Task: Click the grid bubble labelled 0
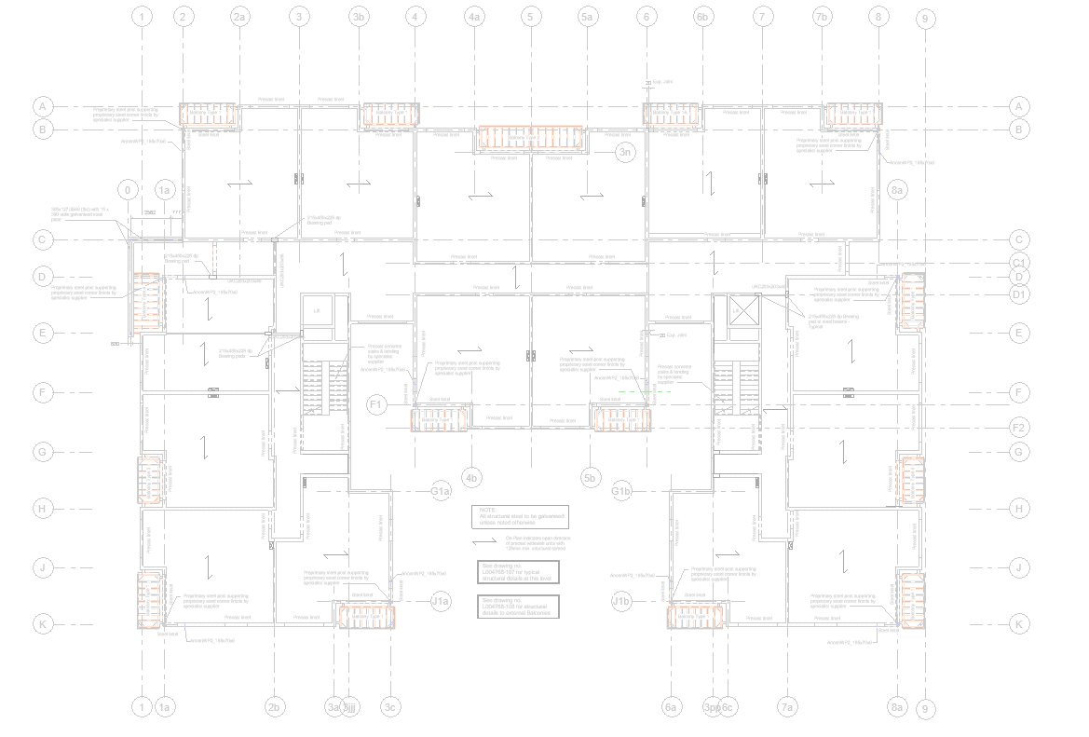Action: click(129, 190)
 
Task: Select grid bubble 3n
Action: click(626, 153)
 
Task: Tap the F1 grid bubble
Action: click(377, 404)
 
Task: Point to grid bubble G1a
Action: click(440, 491)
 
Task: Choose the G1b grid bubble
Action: click(621, 491)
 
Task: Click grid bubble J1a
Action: click(440, 601)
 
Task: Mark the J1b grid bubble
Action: click(621, 601)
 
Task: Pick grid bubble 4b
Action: click(472, 479)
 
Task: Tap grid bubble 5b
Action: click(589, 479)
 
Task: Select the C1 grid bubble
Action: click(1019, 263)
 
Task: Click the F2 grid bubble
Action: click(1019, 428)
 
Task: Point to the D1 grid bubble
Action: click(1019, 295)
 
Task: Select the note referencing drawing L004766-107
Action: click(520, 572)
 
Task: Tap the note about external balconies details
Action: click(520, 606)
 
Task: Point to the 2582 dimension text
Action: click(150, 213)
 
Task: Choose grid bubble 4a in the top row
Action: click(474, 17)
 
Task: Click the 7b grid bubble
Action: click(821, 17)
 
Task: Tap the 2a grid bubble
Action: click(240, 17)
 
